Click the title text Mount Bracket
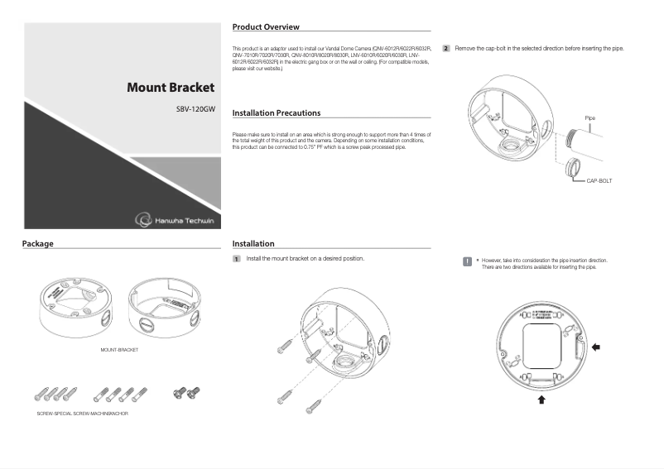[x=170, y=87]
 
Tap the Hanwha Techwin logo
[x=175, y=218]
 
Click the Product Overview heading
[x=266, y=27]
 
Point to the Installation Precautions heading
[x=276, y=112]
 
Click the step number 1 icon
[x=237, y=259]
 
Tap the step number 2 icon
[x=446, y=49]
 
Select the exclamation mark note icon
[x=467, y=261]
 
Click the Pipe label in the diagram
[x=589, y=118]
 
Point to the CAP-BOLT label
[x=599, y=179]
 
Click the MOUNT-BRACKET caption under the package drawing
[x=119, y=350]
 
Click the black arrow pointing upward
[x=542, y=400]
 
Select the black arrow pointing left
[x=596, y=347]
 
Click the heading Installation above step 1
[x=253, y=244]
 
